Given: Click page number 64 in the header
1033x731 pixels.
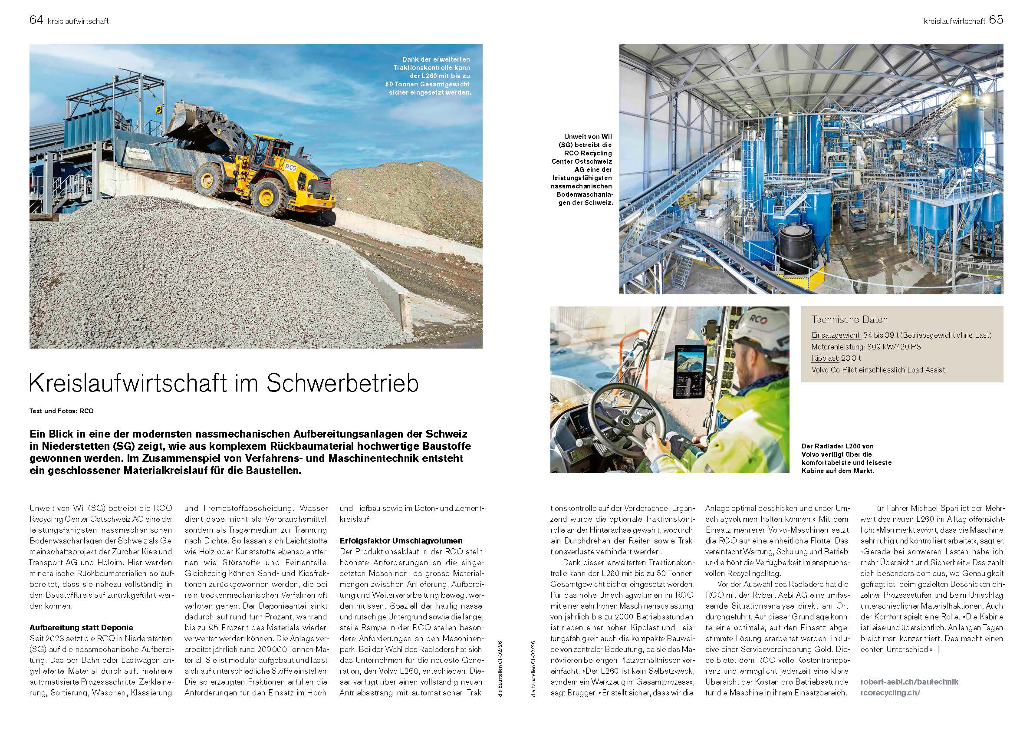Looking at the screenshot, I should pos(36,20).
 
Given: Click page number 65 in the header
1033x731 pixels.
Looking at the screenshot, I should pos(996,20).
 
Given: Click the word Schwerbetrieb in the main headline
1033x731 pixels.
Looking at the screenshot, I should pos(342,383).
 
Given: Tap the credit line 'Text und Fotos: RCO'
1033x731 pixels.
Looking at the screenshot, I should pos(61,411).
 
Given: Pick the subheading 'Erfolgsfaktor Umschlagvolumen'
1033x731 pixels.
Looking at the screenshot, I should pos(401,540).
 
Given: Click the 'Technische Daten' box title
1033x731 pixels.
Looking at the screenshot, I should pos(849,320).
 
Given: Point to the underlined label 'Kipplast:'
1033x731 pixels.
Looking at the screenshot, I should pos(826,358).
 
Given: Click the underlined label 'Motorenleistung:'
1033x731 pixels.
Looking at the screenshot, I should pos(838,347).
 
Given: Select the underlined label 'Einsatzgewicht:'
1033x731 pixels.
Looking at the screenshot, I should pos(836,336).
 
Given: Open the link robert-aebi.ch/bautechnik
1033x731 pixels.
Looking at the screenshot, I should pos(909,682).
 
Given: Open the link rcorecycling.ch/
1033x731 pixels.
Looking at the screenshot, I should pos(890,693).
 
